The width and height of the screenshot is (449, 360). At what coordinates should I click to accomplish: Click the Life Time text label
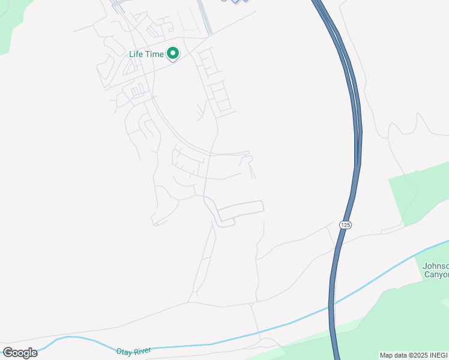click(146, 54)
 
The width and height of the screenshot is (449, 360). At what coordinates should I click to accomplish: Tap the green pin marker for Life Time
click(173, 54)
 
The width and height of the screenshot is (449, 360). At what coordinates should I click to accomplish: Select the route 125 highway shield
click(345, 224)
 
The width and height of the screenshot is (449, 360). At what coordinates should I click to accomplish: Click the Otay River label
click(132, 349)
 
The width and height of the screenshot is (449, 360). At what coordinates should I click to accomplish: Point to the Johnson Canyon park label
click(435, 270)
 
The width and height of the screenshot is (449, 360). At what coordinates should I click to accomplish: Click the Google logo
click(20, 353)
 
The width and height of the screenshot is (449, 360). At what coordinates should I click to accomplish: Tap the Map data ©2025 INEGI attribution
click(413, 355)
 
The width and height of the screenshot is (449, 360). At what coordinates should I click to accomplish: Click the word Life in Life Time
click(137, 54)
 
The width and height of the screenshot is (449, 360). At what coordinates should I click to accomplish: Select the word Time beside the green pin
click(154, 54)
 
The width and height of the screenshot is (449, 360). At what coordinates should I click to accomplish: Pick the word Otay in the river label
click(122, 349)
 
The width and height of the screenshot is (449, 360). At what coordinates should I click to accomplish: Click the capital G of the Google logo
click(8, 353)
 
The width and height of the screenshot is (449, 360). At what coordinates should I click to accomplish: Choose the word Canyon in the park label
click(436, 275)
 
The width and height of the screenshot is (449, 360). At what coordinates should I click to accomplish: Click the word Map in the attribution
click(386, 355)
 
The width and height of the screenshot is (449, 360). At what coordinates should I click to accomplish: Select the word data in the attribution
click(399, 355)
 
